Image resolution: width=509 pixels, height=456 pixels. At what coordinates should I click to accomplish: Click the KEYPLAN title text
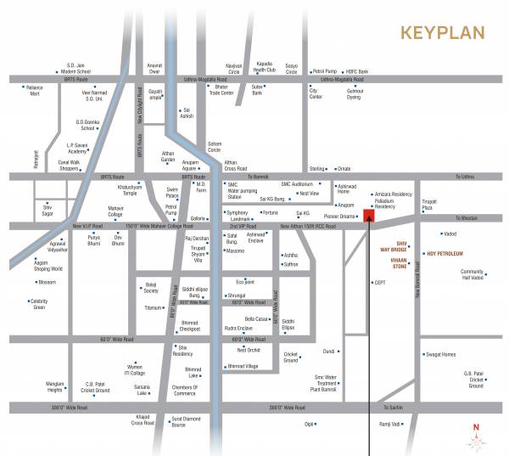click(x=443, y=33)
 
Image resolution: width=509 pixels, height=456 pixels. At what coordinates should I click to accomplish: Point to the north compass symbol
click(x=476, y=436)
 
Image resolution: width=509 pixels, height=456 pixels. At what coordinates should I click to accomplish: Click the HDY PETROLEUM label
click(x=445, y=253)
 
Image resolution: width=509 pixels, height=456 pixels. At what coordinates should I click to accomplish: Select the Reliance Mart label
click(x=34, y=91)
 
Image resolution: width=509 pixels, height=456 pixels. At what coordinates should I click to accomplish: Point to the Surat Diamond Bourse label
click(x=190, y=421)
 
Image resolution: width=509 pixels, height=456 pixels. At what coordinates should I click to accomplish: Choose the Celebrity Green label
click(x=38, y=304)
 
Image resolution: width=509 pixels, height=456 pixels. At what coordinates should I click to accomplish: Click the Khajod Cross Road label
click(x=143, y=421)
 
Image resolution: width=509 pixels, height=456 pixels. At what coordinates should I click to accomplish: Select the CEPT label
click(x=381, y=282)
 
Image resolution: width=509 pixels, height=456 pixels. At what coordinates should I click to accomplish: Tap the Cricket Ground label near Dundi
click(x=291, y=357)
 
